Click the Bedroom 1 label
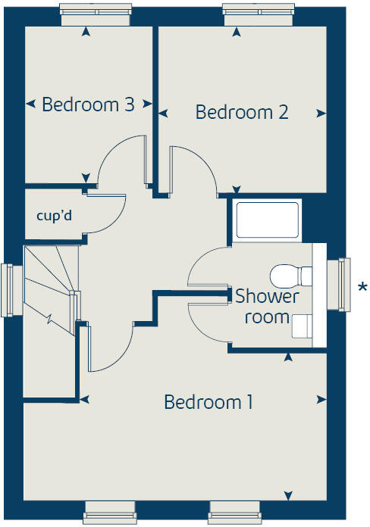[209, 402]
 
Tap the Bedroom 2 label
[242, 113]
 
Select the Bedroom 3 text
[88, 104]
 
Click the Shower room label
[267, 306]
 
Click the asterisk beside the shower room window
[363, 287]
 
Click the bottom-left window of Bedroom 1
[111, 513]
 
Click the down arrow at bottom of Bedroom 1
[287, 497]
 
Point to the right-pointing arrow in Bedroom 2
[322, 114]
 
